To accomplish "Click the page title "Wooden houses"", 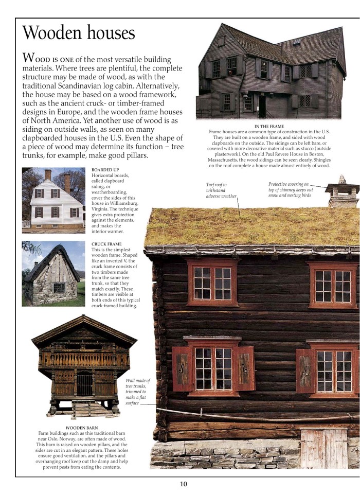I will tap(79, 33).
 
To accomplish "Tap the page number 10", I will tap(184, 484).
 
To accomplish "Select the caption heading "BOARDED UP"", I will tap(105, 170).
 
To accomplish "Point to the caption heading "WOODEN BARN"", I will tap(82, 428).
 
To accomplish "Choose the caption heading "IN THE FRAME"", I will tap(269, 126).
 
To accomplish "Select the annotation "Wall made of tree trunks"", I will tap(137, 392).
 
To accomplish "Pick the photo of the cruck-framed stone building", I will tap(53, 274).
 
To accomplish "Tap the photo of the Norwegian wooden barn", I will tap(84, 366).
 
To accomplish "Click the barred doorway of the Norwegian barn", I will tap(84, 383).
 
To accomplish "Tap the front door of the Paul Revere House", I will tap(262, 107).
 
